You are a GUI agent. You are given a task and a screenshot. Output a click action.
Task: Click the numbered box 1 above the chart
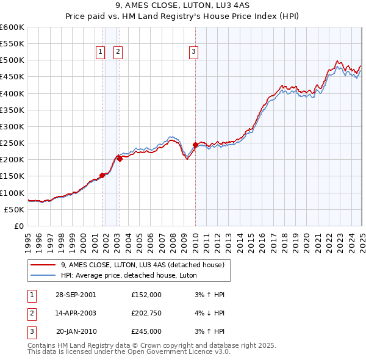coord(100,52)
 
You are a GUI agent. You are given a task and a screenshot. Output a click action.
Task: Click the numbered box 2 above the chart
coord(117,52)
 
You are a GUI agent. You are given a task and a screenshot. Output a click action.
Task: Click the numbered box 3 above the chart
coord(193,52)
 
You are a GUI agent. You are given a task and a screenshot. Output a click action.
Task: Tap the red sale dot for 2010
coord(195,145)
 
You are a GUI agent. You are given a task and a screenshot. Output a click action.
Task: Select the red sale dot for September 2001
coord(102,175)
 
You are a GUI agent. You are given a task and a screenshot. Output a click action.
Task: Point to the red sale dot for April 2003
coord(120,159)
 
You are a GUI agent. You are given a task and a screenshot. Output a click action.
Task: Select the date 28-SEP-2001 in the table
coord(76,294)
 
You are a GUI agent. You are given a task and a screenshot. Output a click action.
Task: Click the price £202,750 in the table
coord(146,313)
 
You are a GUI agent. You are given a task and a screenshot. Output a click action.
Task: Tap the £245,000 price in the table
coord(146,331)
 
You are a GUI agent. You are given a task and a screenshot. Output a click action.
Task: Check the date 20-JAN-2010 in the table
coord(76,331)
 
